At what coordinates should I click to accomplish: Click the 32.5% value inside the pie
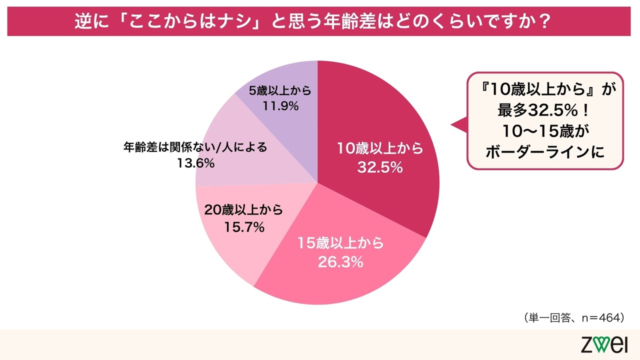tap(379, 168)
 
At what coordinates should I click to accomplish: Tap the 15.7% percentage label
tap(244, 227)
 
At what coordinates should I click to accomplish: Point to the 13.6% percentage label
tap(195, 163)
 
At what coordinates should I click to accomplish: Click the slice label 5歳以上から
tap(280, 91)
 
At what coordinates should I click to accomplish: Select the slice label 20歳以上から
tap(244, 209)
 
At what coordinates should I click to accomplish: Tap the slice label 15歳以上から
tap(340, 243)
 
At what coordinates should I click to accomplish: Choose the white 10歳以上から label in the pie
tap(380, 149)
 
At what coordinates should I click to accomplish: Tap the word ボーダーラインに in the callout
tap(545, 152)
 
